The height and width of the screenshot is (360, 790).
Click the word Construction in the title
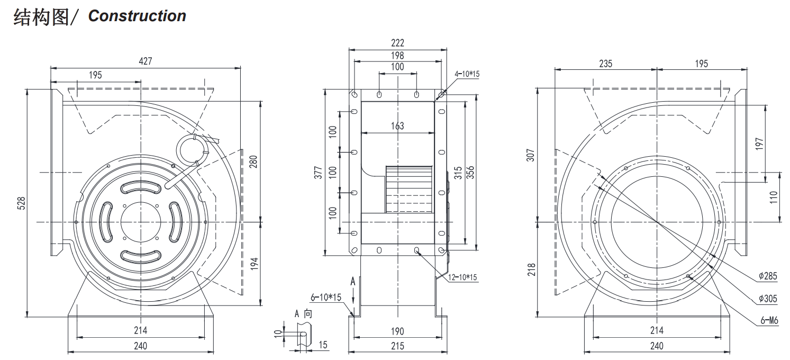tap(137, 16)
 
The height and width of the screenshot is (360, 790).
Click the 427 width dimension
tap(145, 61)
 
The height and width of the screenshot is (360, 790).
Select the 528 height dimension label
tap(21, 203)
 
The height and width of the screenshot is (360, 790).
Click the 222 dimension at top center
tap(397, 43)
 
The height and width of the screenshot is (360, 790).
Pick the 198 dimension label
tap(397, 55)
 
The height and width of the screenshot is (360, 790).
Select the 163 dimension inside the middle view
tap(397, 125)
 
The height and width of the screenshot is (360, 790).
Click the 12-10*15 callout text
tap(462, 277)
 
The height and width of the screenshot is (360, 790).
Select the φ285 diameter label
tap(767, 276)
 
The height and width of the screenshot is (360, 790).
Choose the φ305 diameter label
tap(767, 299)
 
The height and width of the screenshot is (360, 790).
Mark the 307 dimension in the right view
tap(531, 154)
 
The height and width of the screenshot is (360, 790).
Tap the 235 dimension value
tap(605, 64)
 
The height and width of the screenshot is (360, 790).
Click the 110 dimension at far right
tap(774, 197)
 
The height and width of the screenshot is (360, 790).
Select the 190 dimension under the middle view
tap(397, 331)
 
